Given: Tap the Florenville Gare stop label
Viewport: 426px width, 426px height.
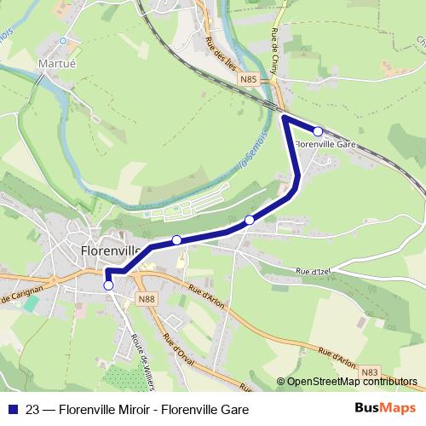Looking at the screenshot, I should pos(325,145).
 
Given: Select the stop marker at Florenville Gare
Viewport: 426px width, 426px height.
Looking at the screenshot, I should pos(318,131).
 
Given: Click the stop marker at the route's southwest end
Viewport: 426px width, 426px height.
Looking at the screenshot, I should pos(108,286).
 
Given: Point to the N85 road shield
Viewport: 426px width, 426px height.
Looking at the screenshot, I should pos(248,80).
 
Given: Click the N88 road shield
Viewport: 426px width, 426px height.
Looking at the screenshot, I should pos(147,298).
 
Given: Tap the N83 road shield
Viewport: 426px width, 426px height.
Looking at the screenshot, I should pos(370,371).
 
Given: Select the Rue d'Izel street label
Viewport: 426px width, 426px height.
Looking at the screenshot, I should pos(314,271).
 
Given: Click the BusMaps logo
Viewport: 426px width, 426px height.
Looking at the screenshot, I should pos(385,409).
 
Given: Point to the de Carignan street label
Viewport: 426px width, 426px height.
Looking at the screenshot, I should pos(20,296).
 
